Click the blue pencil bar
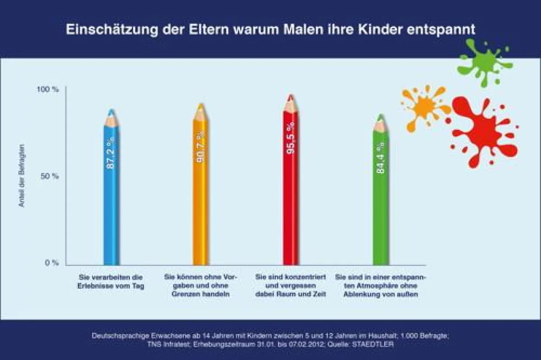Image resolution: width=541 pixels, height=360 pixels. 111,203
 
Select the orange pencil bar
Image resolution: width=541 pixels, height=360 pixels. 201,203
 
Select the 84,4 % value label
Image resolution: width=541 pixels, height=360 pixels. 381,159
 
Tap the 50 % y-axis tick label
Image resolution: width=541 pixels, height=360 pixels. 49,176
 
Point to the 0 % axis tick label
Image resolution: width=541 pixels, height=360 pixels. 51,263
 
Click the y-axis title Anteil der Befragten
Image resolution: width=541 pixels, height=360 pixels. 21,176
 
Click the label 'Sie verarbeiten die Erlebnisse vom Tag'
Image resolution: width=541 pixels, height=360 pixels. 111,282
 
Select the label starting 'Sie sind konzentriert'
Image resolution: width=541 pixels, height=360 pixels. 291,286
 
